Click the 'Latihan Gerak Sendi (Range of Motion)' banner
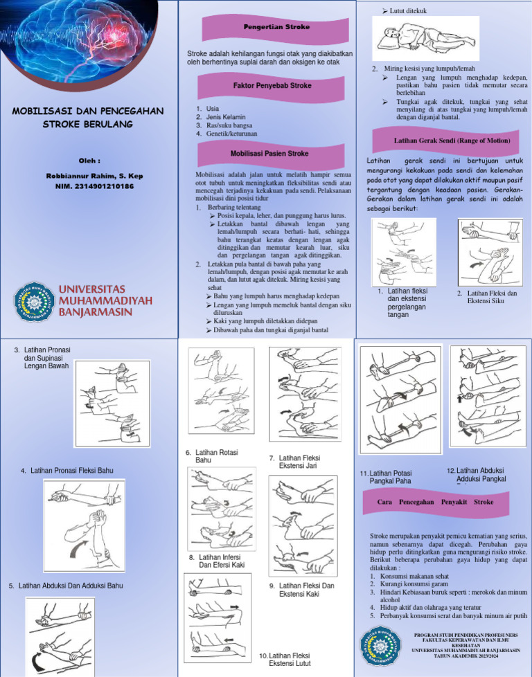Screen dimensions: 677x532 tap(452, 141)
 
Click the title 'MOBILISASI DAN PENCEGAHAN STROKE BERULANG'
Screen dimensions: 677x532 tap(88, 117)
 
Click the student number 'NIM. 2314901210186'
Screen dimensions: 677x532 tap(89, 186)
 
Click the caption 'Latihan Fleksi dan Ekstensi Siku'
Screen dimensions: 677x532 tap(492, 297)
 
